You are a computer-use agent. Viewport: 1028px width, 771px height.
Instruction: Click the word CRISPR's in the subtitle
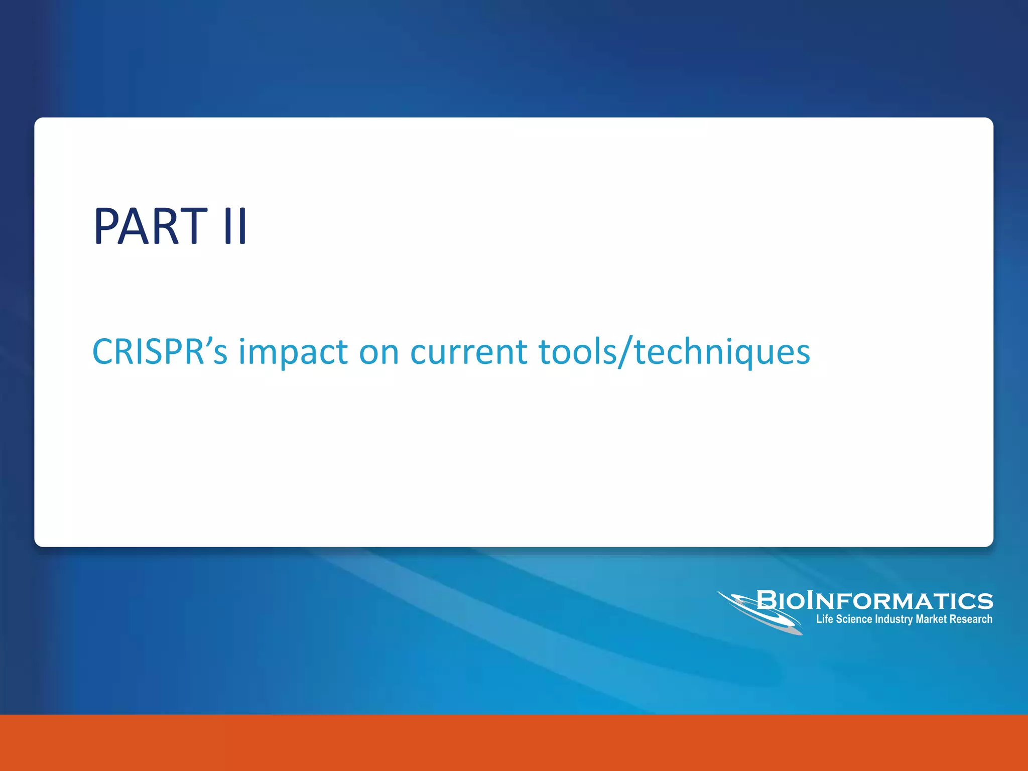pos(160,351)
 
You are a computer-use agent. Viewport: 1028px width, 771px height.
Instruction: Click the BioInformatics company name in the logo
pos(874,601)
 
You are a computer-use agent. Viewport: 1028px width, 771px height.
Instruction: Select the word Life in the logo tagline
pos(825,619)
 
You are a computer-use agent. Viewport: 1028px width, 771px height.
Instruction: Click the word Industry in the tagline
pos(893,619)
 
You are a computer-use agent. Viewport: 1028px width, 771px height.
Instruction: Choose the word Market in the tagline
pos(931,619)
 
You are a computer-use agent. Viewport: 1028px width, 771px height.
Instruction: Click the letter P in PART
pos(108,227)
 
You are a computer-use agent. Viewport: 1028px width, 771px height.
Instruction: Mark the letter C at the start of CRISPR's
pos(104,351)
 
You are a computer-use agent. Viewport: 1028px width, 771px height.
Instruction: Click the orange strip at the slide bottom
pos(514,743)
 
